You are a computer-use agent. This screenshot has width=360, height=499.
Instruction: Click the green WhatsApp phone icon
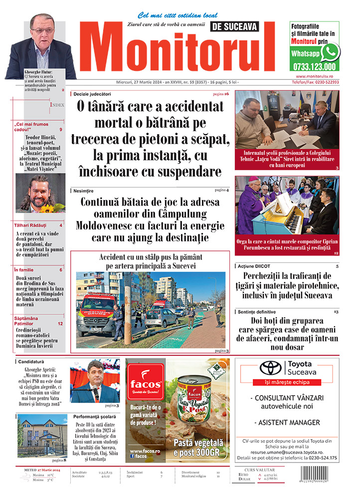(x=330, y=51)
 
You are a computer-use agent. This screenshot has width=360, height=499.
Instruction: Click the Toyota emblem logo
(x=271, y=368)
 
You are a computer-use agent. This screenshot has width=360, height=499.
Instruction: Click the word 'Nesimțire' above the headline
(x=82, y=191)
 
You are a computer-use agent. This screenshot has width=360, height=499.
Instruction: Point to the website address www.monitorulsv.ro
(x=314, y=76)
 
